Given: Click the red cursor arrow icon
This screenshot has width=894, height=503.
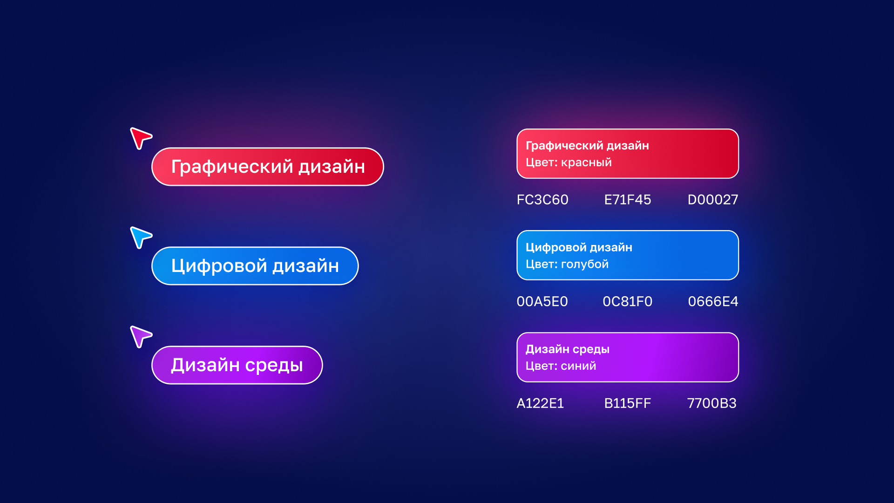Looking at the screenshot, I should [x=139, y=137].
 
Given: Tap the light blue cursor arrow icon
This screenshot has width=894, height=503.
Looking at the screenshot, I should [x=139, y=237].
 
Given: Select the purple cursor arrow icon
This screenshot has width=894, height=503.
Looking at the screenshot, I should [x=139, y=336].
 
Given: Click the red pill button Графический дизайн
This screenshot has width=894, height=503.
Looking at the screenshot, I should [x=268, y=167].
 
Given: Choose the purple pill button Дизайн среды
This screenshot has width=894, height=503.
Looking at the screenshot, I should [x=237, y=365].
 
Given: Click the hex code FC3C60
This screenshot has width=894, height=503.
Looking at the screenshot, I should [x=542, y=200].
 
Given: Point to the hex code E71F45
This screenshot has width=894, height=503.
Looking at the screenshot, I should [x=627, y=200].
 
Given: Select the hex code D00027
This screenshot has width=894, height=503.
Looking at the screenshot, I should [x=712, y=200].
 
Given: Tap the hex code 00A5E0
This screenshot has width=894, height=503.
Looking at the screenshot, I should [x=542, y=302].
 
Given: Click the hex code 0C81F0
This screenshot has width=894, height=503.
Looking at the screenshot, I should [x=627, y=302].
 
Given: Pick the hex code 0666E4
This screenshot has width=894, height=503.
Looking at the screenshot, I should [x=713, y=302].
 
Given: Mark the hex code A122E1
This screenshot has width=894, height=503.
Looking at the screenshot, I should [x=540, y=403].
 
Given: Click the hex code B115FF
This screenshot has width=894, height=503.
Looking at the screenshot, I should [x=627, y=403].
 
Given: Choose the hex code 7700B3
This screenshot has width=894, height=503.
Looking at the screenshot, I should [x=711, y=403].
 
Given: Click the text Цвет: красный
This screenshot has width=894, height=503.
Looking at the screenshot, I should [x=569, y=163].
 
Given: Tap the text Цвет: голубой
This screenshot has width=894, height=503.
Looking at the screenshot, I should [x=567, y=264].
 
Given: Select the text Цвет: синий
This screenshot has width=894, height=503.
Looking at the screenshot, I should [x=561, y=366].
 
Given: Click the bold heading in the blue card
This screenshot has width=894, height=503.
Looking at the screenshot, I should [x=579, y=247].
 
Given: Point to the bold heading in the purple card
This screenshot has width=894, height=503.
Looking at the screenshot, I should [x=567, y=349].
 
